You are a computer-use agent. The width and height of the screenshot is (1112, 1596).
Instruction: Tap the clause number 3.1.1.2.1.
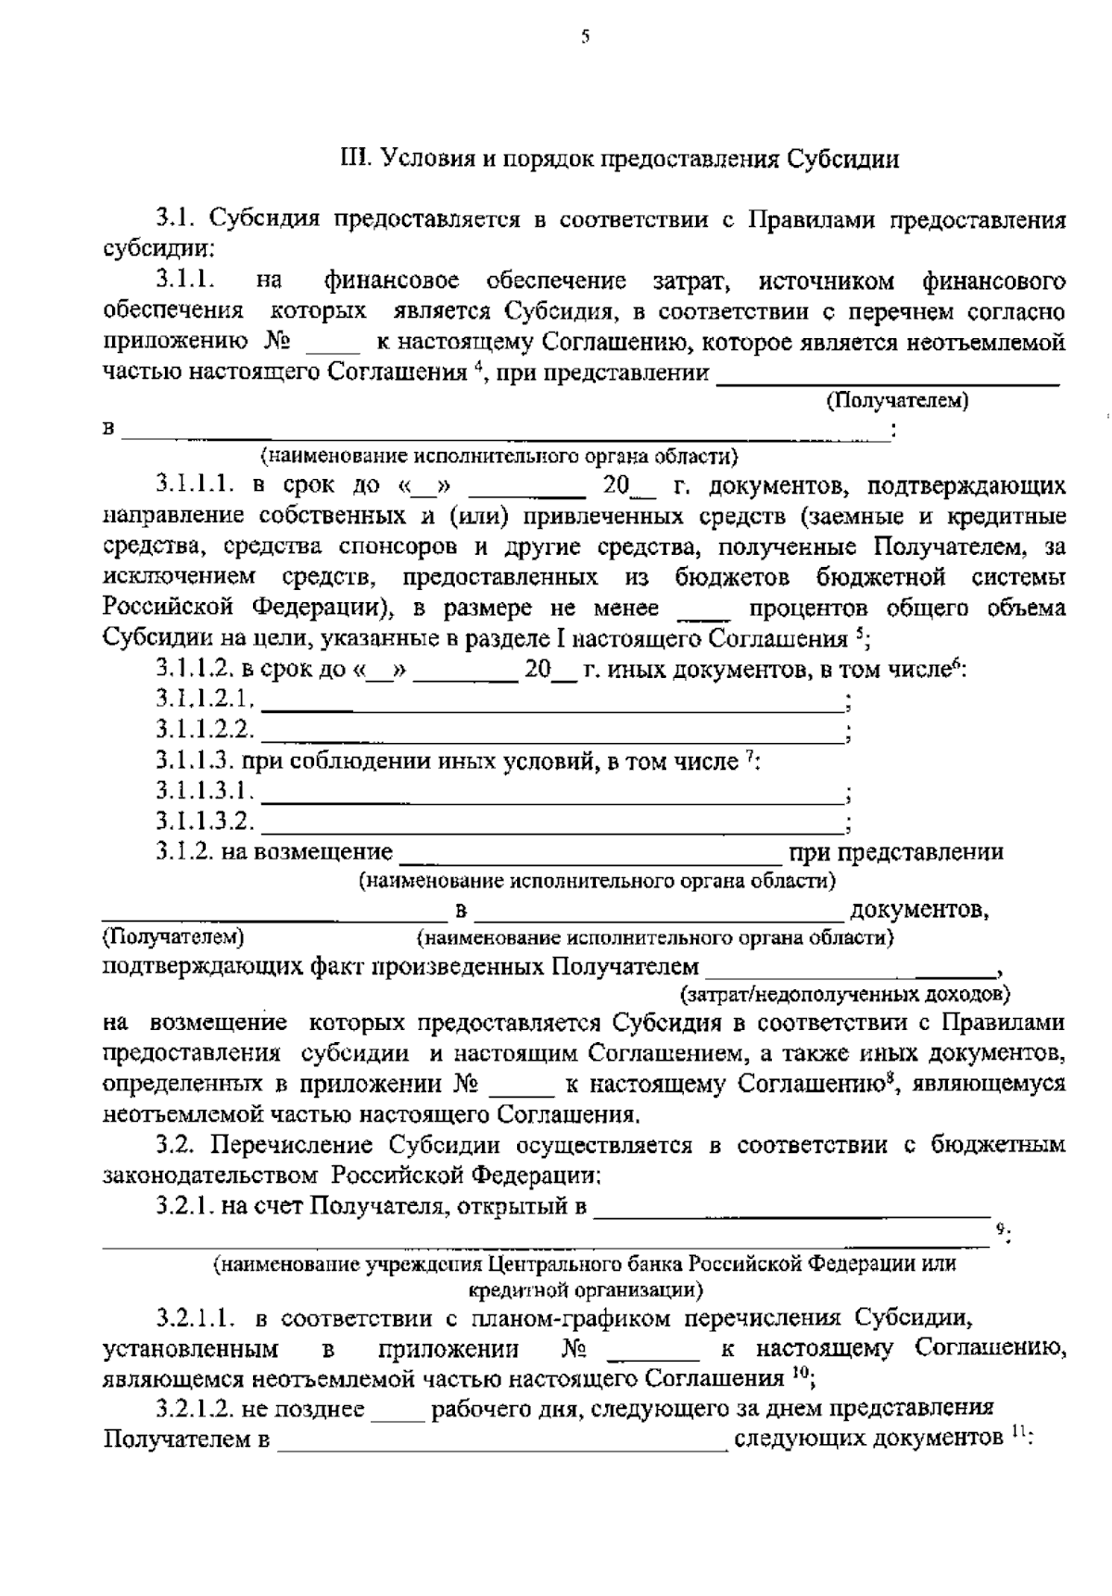click(204, 699)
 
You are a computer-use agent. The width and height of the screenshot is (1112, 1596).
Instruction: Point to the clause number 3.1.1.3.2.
click(204, 821)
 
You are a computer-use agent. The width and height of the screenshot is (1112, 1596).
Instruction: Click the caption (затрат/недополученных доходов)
click(845, 996)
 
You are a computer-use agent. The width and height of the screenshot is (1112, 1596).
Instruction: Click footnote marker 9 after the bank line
click(1001, 1229)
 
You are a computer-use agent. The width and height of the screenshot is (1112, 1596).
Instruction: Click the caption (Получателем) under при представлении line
click(896, 401)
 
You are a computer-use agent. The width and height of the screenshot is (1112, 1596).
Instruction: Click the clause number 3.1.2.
click(183, 851)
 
